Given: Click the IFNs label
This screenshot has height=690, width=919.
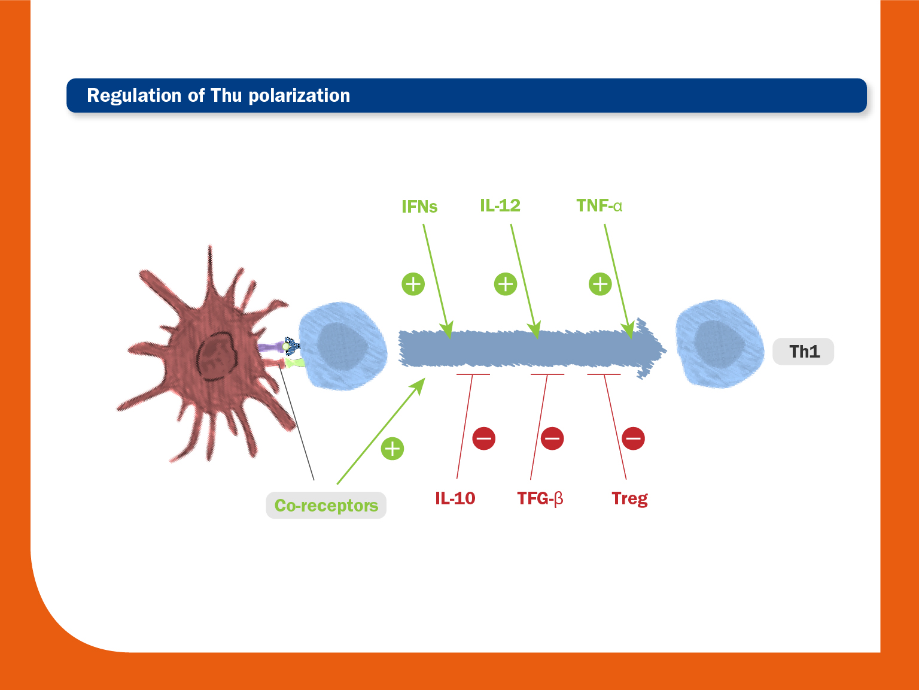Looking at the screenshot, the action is [x=419, y=207].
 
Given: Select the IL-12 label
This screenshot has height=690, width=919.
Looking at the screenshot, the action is [x=500, y=205].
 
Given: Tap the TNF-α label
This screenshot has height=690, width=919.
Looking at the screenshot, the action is [x=599, y=205].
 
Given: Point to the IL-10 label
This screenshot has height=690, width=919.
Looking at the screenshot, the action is [x=455, y=498].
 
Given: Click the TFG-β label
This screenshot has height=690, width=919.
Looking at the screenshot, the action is [x=540, y=498].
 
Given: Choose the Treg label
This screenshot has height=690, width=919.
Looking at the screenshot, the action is [x=629, y=499].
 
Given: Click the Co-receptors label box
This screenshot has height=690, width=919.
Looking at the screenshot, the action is [x=326, y=506].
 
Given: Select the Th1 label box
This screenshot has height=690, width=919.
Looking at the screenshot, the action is [x=803, y=351].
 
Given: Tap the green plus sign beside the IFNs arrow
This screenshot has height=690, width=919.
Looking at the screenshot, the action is [x=413, y=284].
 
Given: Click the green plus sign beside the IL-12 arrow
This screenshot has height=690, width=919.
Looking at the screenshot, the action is [x=506, y=284].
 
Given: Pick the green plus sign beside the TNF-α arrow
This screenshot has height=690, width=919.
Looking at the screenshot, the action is [x=600, y=284].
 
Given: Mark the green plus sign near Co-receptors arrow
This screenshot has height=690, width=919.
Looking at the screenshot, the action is [x=392, y=449].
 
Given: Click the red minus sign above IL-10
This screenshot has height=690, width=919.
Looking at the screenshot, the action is [x=483, y=438].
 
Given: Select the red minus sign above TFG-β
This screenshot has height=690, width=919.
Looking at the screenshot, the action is [x=552, y=438].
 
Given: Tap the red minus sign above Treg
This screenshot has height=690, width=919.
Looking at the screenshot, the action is [x=633, y=438].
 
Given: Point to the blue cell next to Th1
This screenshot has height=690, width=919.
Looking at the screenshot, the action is [x=720, y=344].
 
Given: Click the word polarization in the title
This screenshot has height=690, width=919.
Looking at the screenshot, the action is [x=299, y=95].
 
